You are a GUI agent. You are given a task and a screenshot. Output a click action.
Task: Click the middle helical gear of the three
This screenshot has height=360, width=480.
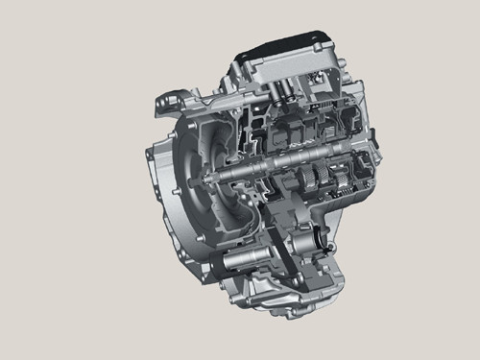click(x=325, y=179)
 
